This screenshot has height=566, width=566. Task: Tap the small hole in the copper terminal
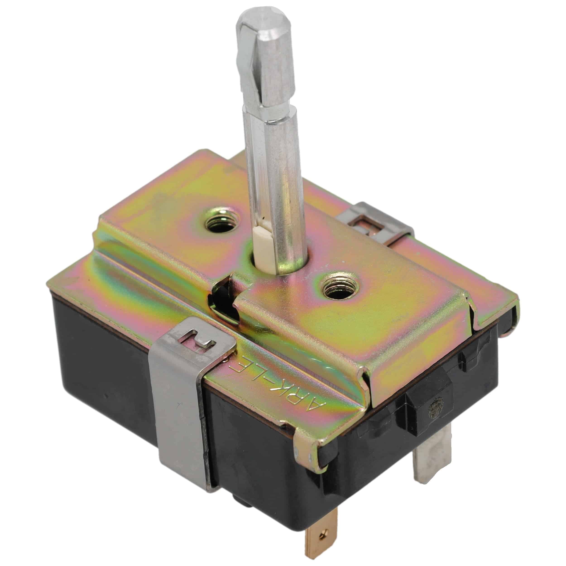324,530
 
